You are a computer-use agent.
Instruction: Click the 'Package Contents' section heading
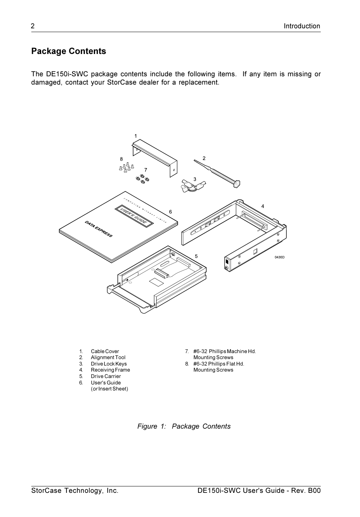(x=69, y=51)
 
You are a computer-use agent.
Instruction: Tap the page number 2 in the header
(x=33, y=26)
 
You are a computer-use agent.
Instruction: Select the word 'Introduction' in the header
(x=302, y=26)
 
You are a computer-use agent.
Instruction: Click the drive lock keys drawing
(x=191, y=187)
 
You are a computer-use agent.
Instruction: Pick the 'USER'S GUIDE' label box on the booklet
(x=134, y=216)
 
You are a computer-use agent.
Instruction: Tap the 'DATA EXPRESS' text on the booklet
(x=98, y=229)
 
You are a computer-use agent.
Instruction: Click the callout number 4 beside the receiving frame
(x=263, y=206)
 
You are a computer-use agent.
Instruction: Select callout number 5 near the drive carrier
(x=196, y=256)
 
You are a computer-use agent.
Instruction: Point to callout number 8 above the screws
(x=122, y=159)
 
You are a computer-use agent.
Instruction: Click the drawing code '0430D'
(x=279, y=257)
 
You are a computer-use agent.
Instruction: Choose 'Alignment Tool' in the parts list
(x=108, y=358)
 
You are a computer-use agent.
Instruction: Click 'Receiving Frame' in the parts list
(x=110, y=370)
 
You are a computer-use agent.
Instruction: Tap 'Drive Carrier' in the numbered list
(x=106, y=377)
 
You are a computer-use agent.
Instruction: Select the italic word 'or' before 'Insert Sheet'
(x=95, y=389)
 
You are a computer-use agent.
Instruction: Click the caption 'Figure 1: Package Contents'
(x=184, y=426)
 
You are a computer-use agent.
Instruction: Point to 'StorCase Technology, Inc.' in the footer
(x=75, y=491)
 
